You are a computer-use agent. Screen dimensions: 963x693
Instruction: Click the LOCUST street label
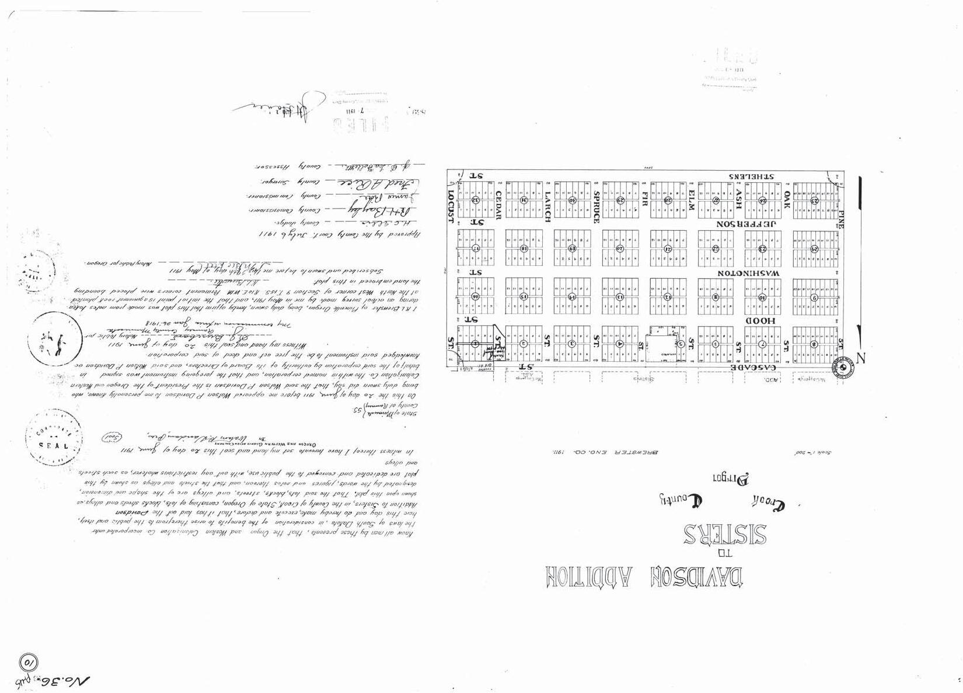tap(451, 206)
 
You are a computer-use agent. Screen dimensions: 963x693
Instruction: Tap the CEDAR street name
tap(499, 206)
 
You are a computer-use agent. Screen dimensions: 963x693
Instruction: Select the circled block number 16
tap(476, 296)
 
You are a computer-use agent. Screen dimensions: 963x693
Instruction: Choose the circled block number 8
tap(814, 344)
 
